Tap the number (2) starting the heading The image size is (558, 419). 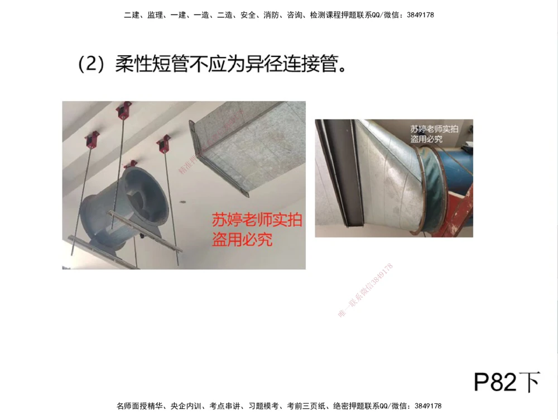point(92,64)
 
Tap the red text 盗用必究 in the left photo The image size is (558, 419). point(242,240)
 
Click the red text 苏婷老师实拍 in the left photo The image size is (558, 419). point(257,220)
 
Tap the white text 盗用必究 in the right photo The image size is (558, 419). point(426,139)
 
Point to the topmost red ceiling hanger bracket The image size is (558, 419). point(123,109)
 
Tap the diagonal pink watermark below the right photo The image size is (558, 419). point(365,290)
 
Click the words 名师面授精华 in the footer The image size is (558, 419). point(139,406)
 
